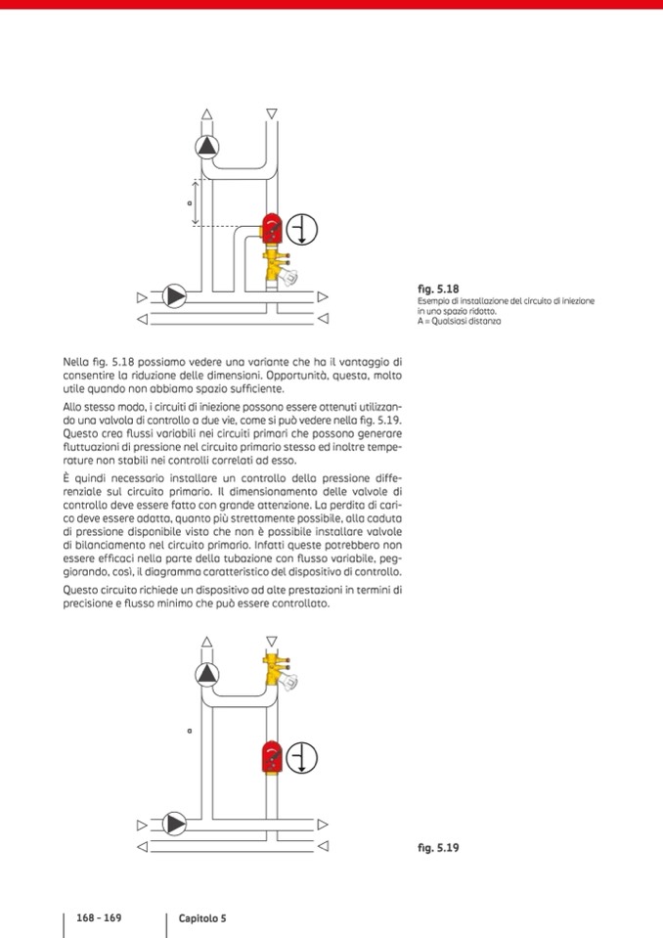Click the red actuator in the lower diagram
point(272,757)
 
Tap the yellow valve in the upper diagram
point(276,265)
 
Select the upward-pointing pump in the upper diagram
point(207,148)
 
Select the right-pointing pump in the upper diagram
point(175,295)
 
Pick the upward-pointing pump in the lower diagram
point(207,673)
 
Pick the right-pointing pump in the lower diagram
point(175,824)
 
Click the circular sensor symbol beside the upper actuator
point(303,230)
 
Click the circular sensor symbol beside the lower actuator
point(303,758)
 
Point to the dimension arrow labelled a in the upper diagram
point(196,202)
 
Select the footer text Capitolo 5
point(201,918)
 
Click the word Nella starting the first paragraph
point(76,363)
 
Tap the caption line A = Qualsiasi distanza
point(459,321)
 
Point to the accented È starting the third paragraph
point(66,476)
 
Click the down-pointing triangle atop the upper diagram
point(272,113)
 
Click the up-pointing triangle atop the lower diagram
point(207,642)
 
